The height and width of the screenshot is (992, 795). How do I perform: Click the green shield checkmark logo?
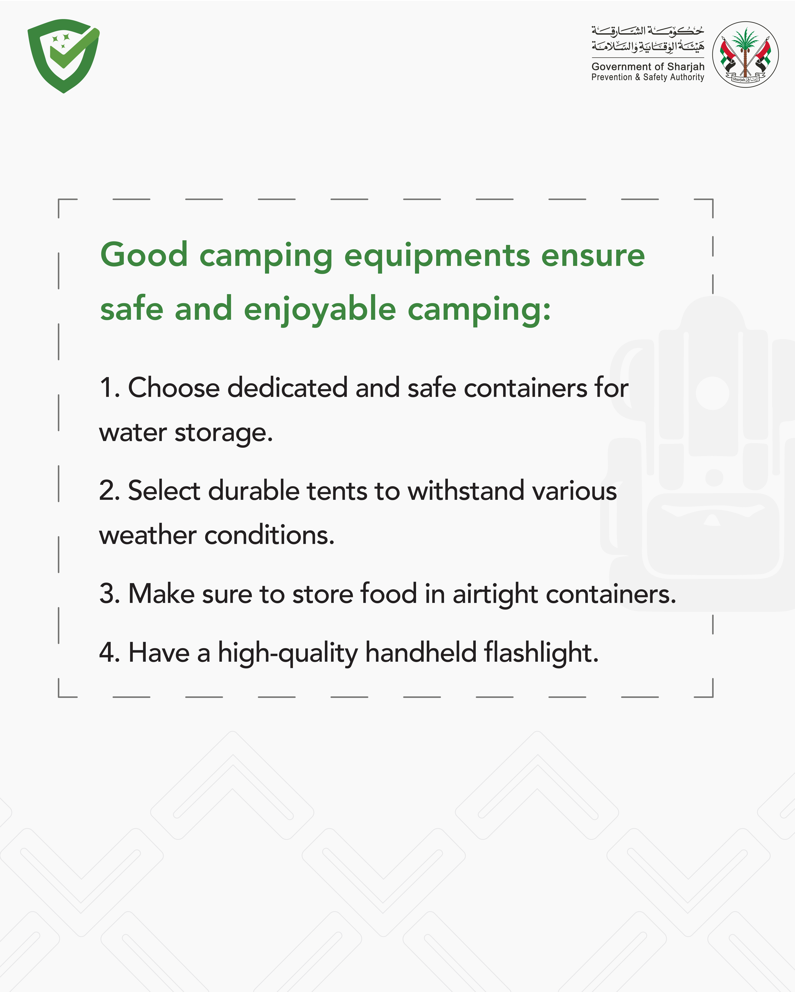(x=64, y=56)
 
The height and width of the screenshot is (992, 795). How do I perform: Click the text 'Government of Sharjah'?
(x=648, y=67)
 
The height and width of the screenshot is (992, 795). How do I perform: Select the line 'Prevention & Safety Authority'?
(x=648, y=77)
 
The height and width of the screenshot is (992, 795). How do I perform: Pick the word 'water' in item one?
(x=133, y=433)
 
